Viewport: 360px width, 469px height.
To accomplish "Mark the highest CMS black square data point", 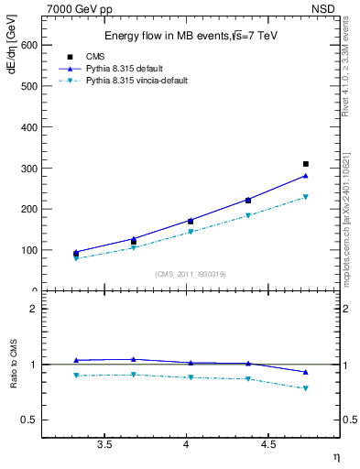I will pyautogui.click(x=306, y=164).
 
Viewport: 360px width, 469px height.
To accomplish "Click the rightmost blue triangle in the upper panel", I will pyautogui.click(x=306, y=176).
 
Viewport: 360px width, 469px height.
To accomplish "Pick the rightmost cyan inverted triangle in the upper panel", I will pyautogui.click(x=306, y=196).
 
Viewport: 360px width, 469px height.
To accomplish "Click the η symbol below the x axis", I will pyautogui.click(x=335, y=455).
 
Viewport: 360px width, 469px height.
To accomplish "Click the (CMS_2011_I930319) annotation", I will pyautogui.click(x=190, y=274).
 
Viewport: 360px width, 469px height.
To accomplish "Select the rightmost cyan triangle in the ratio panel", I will pyautogui.click(x=306, y=388).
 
